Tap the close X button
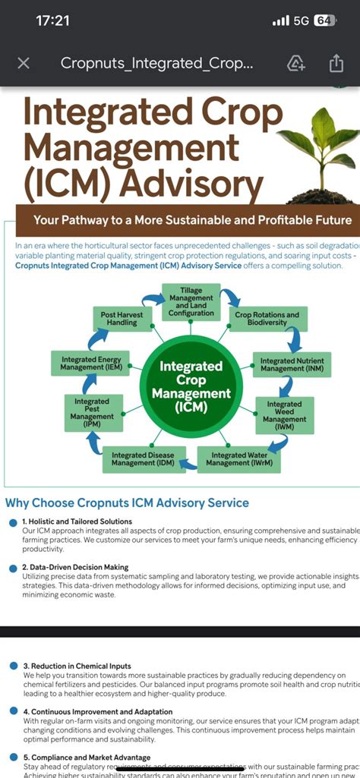24,63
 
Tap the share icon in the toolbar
336,63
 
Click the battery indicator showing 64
324,20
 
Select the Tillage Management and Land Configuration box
191,302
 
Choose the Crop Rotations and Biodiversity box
267,319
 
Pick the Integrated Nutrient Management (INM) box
292,364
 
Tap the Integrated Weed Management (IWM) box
284,414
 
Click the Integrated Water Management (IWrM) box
236,459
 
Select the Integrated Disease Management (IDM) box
144,459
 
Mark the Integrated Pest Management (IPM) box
92,412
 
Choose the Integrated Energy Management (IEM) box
92,364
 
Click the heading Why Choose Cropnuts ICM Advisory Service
127,502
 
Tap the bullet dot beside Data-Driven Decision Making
13,568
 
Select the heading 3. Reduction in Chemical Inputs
77,666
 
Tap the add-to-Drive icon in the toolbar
296,63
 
